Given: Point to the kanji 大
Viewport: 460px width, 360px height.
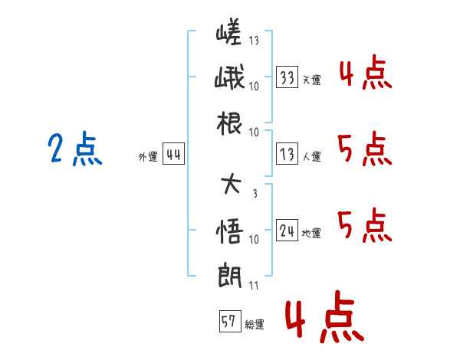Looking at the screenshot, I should tap(229, 185).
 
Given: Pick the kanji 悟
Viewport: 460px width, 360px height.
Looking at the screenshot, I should tap(229, 230).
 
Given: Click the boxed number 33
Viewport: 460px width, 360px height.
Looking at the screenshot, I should tap(287, 77).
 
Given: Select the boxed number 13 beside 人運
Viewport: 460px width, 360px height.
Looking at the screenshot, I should tap(287, 154).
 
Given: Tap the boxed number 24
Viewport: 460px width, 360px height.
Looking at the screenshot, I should tap(287, 231).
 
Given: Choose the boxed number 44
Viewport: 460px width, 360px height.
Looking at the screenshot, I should tap(172, 154).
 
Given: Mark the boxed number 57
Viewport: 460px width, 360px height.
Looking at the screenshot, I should tap(228, 322).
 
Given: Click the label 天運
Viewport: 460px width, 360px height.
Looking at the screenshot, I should tap(311, 80).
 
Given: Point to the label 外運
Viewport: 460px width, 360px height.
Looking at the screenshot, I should tap(147, 156).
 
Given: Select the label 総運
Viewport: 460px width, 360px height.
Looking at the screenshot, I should tap(254, 324).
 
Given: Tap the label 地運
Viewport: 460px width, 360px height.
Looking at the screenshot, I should tap(311, 233).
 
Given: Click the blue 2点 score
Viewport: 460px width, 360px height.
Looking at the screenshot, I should tap(75, 149).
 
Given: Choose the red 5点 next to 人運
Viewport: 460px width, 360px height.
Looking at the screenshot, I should tap(364, 149).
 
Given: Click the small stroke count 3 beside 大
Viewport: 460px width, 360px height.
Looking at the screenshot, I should tap(254, 193).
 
